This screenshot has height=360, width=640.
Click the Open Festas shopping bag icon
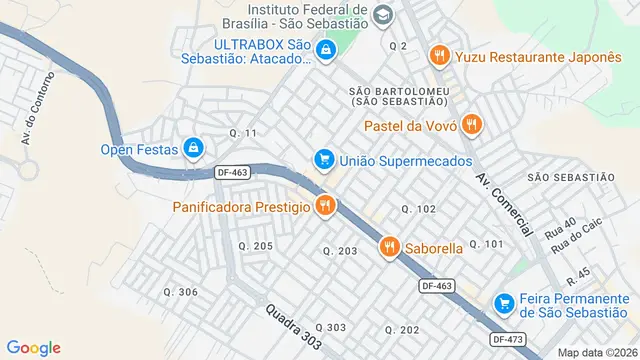click(193, 150)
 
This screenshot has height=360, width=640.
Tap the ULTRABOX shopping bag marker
click(324, 50)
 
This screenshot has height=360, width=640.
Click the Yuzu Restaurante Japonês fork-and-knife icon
click(437, 57)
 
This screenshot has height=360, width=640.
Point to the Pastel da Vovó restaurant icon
click(473, 125)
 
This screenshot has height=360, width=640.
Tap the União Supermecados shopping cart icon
click(323, 160)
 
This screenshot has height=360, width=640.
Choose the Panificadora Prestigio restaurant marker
click(325, 207)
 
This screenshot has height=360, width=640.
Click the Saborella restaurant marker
click(388, 246)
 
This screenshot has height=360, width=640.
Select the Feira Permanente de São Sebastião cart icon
click(505, 303)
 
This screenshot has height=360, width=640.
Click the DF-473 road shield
click(509, 339)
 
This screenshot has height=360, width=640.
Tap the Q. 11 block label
click(243, 133)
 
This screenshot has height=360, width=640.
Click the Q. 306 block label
click(180, 292)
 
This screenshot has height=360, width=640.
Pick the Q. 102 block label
click(418, 209)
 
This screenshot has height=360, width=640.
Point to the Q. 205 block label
click(255, 246)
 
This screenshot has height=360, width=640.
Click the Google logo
click(33, 347)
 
